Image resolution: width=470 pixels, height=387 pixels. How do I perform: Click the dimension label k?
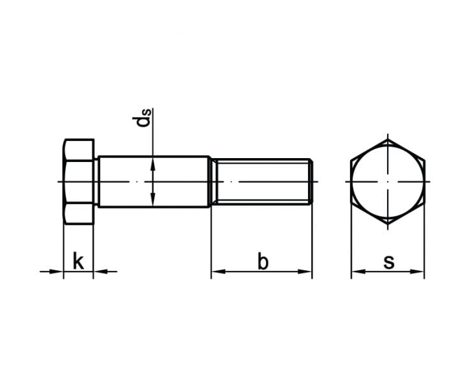(78, 261)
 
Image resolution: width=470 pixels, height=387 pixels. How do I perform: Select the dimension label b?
(263, 261)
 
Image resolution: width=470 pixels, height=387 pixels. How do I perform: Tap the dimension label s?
(389, 262)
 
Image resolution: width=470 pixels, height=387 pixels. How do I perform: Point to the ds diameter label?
(142, 118)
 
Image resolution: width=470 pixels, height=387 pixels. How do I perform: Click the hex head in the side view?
(79, 182)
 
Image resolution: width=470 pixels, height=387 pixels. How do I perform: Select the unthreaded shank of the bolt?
(154, 182)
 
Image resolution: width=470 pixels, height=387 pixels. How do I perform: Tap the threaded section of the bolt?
(261, 182)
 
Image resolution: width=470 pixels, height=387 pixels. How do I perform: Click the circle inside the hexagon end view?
(388, 182)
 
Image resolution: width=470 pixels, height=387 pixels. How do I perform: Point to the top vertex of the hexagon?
(388, 140)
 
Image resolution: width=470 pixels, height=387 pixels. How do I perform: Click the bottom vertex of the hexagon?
(388, 224)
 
